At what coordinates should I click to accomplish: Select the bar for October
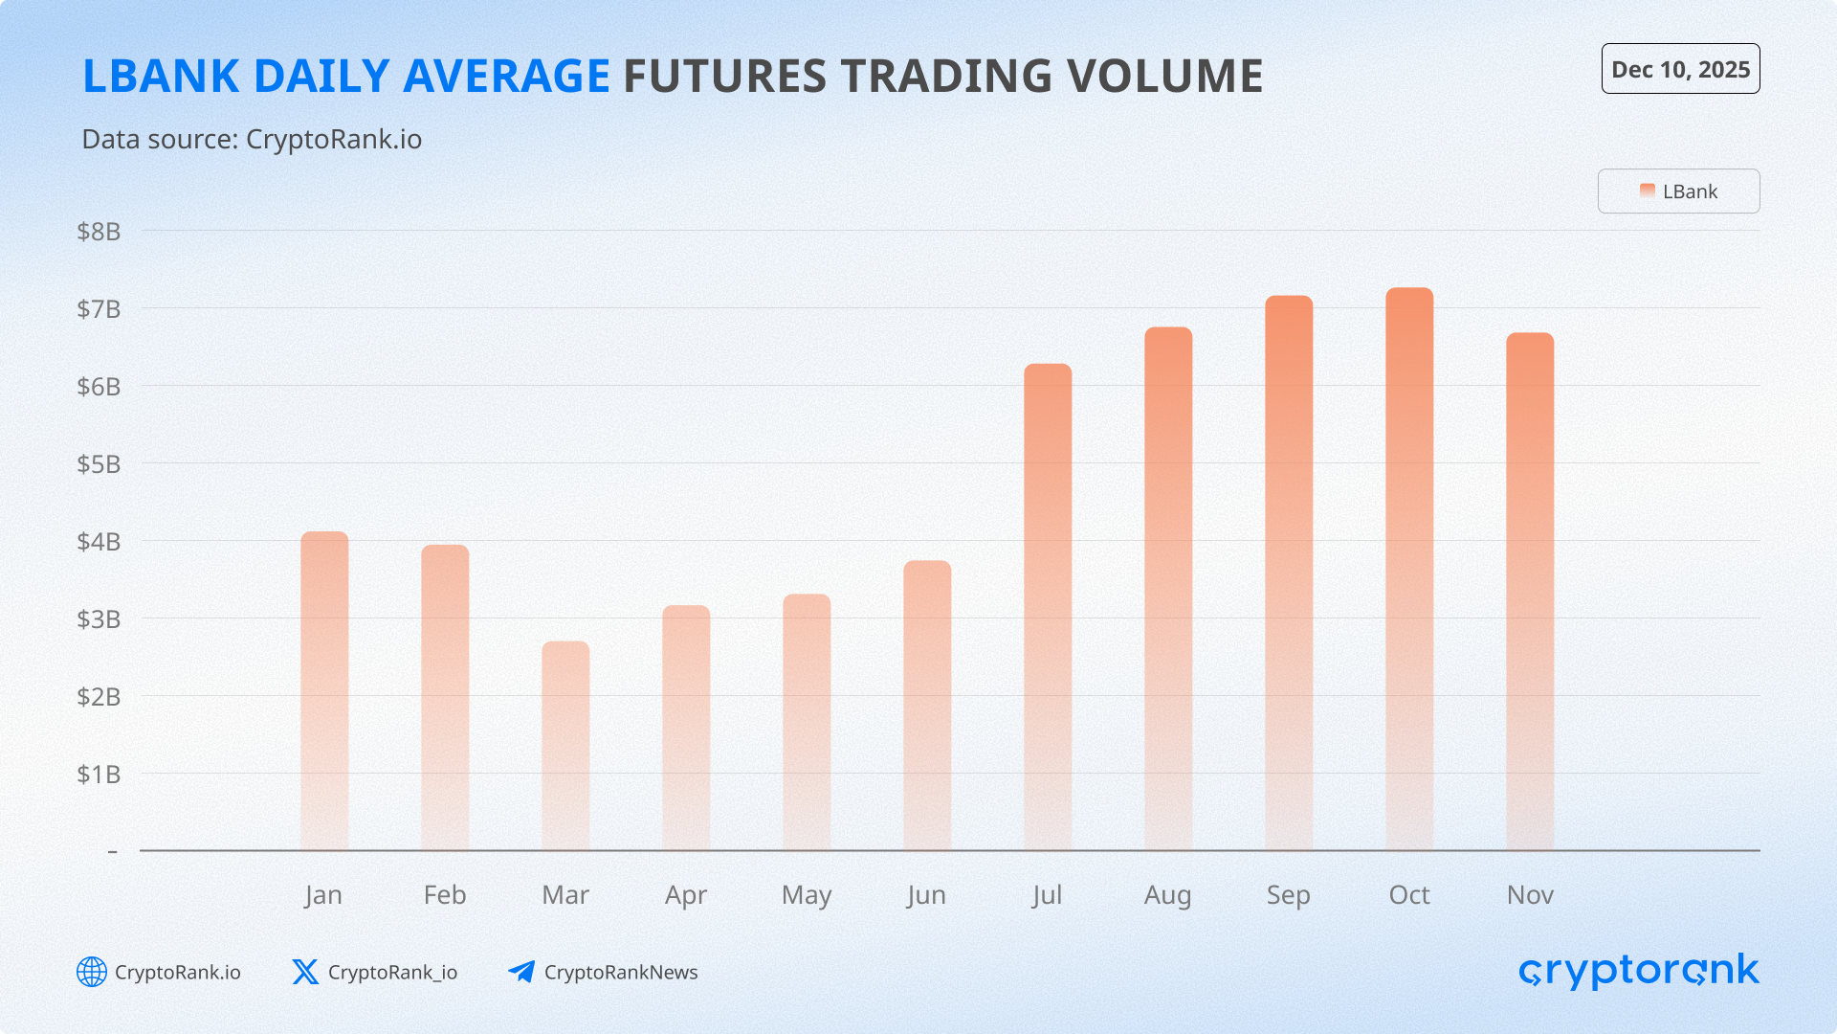coord(1409,569)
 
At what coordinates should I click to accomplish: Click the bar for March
coord(565,746)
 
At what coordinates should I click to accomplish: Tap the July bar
coord(1048,607)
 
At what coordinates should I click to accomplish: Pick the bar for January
coord(324,691)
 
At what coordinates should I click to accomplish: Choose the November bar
coord(1530,592)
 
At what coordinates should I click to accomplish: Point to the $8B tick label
coord(99,232)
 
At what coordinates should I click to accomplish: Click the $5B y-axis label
coord(99,464)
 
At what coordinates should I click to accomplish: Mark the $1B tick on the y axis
coord(99,775)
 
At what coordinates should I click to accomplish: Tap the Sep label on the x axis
coord(1289,895)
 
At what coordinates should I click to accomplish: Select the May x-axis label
coord(807,896)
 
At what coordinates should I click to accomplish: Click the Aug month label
coord(1168,896)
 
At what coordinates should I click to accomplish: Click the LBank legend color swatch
coord(1648,191)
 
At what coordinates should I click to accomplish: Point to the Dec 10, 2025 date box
coord(1680,69)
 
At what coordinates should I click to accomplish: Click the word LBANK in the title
coord(161,77)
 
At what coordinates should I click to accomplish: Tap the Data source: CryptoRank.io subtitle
coord(252,140)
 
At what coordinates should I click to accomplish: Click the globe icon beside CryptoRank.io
coord(92,972)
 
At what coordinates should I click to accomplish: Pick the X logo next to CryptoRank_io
coord(305,972)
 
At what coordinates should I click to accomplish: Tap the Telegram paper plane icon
coord(521,972)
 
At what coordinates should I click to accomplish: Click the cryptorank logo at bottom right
coord(1639,971)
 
